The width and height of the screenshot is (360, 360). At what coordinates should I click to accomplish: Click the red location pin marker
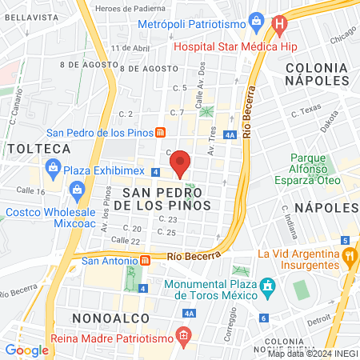pyautogui.click(x=180, y=163)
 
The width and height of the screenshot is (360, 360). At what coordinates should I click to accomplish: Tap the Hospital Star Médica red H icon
pyautogui.click(x=278, y=24)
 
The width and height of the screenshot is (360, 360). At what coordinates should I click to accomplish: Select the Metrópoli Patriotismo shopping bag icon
pyautogui.click(x=255, y=19)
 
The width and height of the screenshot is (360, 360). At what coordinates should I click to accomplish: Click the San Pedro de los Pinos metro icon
pyautogui.click(x=161, y=132)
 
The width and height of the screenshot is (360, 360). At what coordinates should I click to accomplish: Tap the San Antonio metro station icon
pyautogui.click(x=146, y=259)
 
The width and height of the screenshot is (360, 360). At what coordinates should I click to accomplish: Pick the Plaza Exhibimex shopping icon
pyautogui.click(x=54, y=168)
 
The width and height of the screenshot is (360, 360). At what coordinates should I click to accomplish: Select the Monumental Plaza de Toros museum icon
pyautogui.click(x=268, y=286)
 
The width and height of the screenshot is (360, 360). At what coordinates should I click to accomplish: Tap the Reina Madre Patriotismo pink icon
pyautogui.click(x=185, y=334)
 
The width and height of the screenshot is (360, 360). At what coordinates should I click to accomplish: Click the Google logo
pyautogui.click(x=26, y=350)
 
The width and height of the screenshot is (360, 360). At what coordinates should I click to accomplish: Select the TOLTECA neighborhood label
pyautogui.click(x=39, y=149)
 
